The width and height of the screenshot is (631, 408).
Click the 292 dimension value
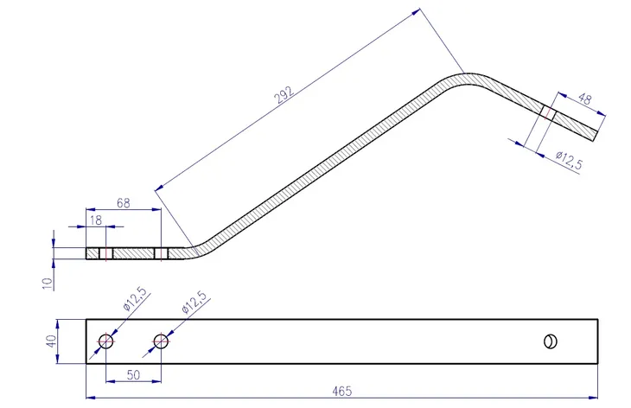pos(284,95)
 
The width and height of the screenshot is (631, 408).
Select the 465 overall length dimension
pos(342,391)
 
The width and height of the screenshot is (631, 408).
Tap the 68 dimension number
pos(123,203)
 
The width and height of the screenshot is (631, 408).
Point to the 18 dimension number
pos(96,220)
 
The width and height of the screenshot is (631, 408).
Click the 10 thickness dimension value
pos(48,284)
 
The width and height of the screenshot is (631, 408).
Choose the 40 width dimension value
pos(52,341)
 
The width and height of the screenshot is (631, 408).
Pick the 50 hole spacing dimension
pos(133,375)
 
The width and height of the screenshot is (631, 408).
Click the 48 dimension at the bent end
pos(584,99)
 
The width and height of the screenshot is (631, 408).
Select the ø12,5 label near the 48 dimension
pos(569,160)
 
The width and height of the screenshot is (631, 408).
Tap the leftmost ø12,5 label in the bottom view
pos(135,299)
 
